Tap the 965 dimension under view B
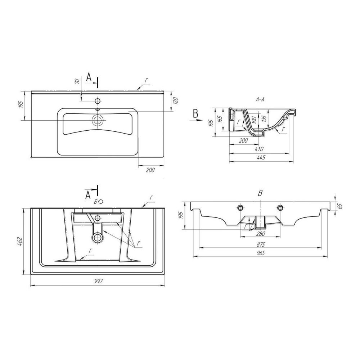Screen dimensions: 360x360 coord(261,253)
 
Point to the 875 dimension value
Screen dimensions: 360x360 coord(261,244)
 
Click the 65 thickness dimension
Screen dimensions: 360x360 coord(339,206)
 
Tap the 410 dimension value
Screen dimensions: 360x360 coord(259,149)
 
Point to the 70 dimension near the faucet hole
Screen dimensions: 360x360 coord(77,81)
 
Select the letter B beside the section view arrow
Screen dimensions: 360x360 coord(195,113)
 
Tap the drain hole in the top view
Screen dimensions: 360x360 coord(97,120)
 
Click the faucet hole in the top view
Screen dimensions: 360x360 coord(97,101)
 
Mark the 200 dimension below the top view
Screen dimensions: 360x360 coord(150,170)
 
